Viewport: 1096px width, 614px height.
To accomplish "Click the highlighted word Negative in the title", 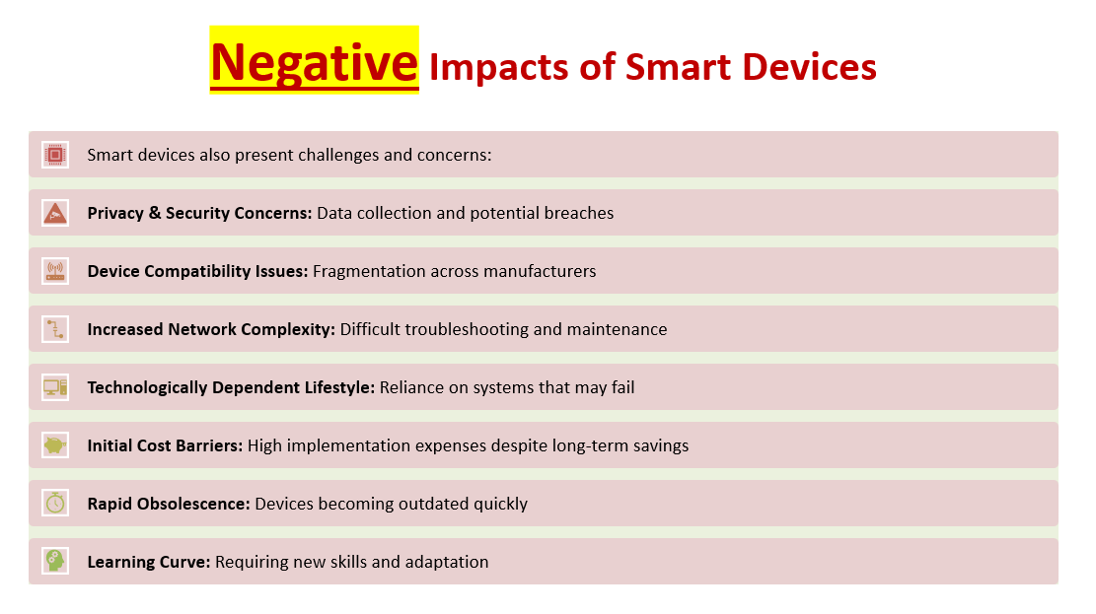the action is coord(314,62).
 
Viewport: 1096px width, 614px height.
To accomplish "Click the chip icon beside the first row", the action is coord(55,155).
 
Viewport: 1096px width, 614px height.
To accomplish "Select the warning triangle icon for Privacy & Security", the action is coord(55,213).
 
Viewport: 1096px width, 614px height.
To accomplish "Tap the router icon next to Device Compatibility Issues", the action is coord(55,271).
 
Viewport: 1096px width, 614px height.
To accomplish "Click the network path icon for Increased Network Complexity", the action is coord(55,329).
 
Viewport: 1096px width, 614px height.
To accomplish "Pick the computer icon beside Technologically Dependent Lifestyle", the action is coord(55,387).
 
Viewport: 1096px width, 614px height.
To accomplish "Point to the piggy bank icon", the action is coord(55,444).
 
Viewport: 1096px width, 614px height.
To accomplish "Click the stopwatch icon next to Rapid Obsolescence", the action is coord(55,503).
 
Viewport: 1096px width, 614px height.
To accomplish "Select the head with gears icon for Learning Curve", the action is coord(55,561).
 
